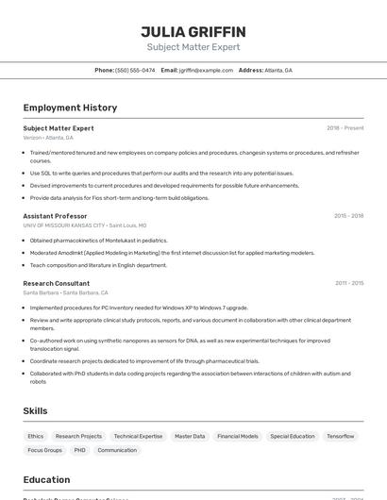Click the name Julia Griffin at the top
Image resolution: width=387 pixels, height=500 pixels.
pos(193,32)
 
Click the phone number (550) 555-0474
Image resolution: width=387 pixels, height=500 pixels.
pos(135,70)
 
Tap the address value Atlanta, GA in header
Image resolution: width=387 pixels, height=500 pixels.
pos(278,70)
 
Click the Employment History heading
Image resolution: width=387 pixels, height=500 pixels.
pos(70,108)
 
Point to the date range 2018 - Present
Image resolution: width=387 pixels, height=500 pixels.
pos(345,128)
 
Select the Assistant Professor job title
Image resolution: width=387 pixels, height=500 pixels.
pos(55,216)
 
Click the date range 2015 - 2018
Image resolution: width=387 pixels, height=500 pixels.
pos(348,216)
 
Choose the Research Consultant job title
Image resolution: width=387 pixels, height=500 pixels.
pos(57,283)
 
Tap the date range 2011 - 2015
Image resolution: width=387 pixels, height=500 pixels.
pos(348,283)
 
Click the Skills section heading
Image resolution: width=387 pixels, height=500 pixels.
pos(35,411)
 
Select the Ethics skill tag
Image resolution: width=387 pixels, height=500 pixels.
pos(35,437)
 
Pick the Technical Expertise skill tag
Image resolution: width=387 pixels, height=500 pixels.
pos(138,437)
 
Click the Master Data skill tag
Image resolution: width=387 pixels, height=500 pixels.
pos(190,437)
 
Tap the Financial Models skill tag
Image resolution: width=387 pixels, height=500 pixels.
pos(237,437)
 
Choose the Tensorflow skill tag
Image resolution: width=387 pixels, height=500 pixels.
pos(340,437)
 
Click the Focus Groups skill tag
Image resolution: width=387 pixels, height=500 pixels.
pos(44,450)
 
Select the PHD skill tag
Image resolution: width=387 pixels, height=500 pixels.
pos(79,450)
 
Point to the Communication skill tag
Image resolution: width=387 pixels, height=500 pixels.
pos(117,450)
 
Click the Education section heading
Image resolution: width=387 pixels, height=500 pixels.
pos(46,479)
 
